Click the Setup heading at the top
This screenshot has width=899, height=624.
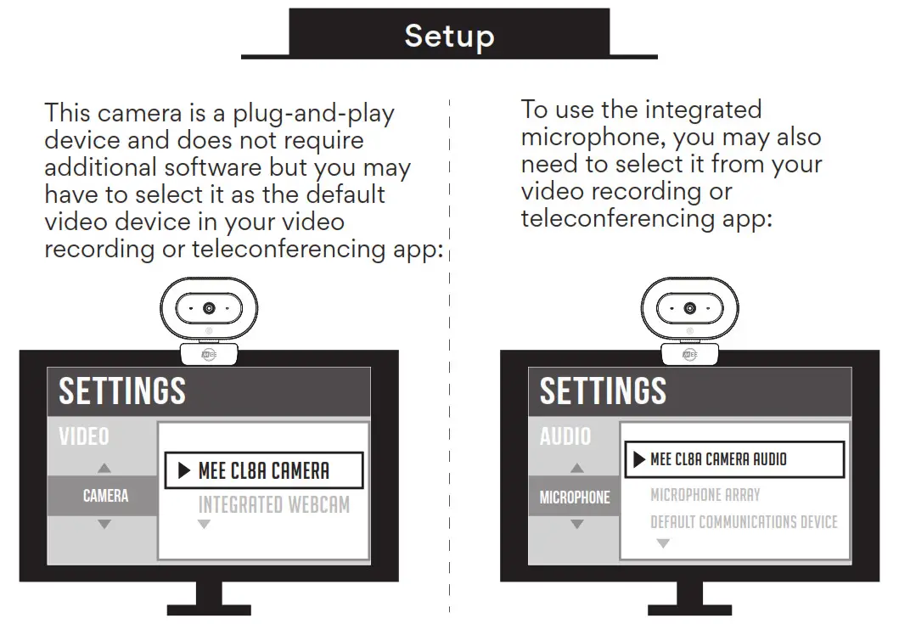449,36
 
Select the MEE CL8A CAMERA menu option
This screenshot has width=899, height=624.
263,471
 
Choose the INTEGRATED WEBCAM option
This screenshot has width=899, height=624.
273,504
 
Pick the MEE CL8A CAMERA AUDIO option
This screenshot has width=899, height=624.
718,459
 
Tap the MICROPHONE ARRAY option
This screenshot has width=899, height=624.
705,494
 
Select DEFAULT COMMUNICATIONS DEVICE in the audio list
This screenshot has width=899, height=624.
744,521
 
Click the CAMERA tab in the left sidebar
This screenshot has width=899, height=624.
105,496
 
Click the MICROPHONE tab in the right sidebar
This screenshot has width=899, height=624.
575,497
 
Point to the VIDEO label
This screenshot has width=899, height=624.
84,436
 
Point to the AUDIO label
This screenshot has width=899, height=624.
565,436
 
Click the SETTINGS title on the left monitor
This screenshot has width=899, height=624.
122,391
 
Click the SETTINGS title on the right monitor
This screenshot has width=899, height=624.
603,391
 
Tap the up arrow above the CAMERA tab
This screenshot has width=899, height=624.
104,468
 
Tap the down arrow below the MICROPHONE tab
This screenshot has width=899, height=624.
576,525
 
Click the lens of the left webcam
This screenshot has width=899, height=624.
209,308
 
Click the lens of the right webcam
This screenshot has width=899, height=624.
689,308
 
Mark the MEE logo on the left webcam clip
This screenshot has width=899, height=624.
209,354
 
